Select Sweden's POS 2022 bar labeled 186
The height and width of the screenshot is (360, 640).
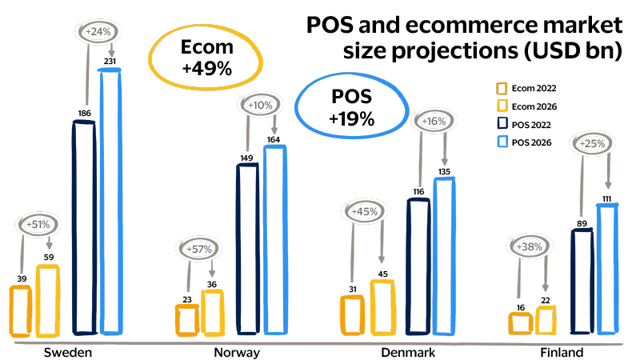click(x=83, y=227)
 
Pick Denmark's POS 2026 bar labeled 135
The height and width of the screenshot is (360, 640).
click(x=443, y=256)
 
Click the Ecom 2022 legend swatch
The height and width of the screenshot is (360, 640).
click(x=502, y=88)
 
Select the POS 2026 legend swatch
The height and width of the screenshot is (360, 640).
click(x=502, y=142)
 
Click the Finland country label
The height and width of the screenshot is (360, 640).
click(x=561, y=353)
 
